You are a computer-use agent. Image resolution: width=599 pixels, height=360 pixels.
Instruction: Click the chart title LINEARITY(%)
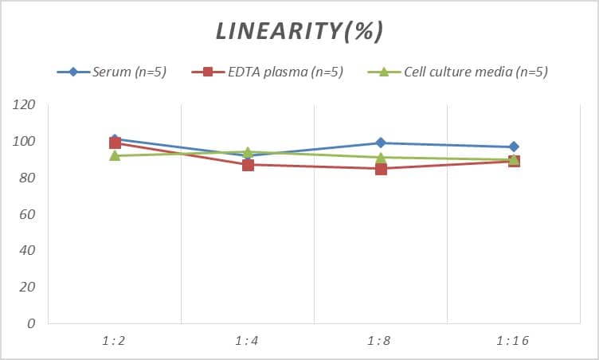pos(300,30)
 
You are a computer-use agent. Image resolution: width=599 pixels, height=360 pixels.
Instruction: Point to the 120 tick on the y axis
pos(24,105)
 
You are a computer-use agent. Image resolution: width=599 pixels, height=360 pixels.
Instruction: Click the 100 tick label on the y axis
pos(24,142)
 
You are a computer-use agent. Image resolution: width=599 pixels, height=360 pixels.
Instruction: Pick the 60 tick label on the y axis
pos(27,214)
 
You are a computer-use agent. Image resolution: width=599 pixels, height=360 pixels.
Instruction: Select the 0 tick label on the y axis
pos(31,323)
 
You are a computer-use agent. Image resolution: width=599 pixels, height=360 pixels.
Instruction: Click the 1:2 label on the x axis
pos(115,340)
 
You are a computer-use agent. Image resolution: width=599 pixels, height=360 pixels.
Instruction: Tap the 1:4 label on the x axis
pos(248,340)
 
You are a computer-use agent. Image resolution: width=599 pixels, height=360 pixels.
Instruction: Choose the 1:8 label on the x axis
pos(381,340)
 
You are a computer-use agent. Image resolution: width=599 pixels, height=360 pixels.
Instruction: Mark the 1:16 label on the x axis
pos(513,340)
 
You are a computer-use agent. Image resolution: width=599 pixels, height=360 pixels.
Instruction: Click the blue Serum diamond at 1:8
pos(381,143)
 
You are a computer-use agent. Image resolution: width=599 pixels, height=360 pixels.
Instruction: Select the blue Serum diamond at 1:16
pos(514,147)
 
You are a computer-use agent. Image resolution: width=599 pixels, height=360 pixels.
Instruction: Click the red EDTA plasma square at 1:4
pos(248,165)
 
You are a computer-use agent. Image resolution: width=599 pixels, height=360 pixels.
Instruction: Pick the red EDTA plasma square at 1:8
pos(381,169)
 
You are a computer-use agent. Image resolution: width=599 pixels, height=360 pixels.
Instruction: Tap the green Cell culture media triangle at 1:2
pos(115,155)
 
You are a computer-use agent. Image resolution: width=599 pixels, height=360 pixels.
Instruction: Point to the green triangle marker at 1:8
pos(381,157)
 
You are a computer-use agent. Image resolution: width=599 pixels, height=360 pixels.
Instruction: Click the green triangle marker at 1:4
pos(248,151)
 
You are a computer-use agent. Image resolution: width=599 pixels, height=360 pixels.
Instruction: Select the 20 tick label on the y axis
pos(27,287)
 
